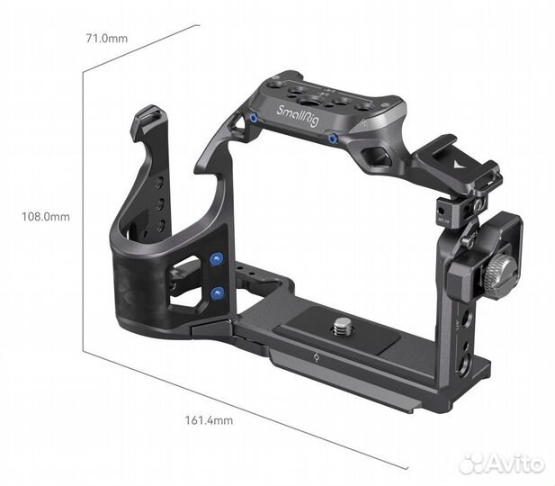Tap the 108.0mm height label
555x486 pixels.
tap(47, 217)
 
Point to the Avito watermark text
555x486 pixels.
tap(516, 463)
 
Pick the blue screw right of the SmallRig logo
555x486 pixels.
tap(334, 139)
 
